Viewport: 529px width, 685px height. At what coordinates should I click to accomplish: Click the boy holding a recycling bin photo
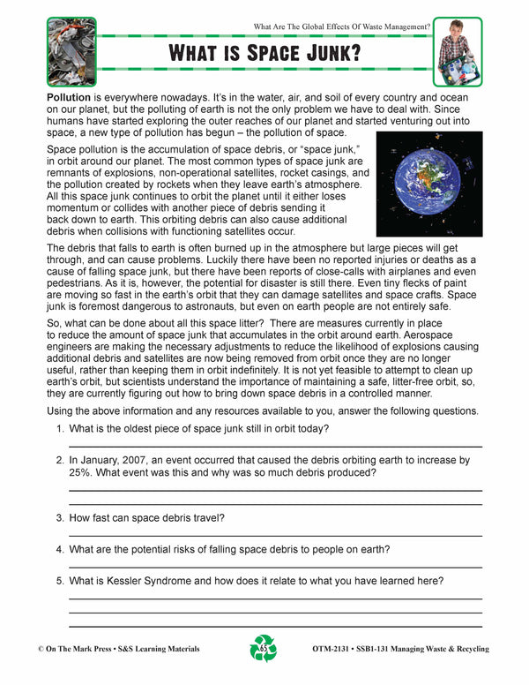458,51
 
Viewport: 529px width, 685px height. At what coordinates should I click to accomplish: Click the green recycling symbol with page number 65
264,648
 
